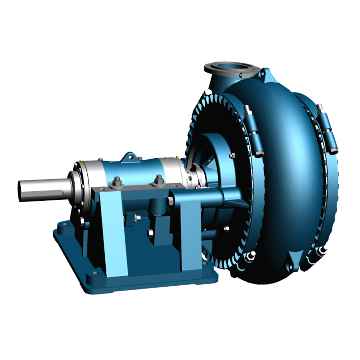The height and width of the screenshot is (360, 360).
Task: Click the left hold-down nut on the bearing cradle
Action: [117, 182]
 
